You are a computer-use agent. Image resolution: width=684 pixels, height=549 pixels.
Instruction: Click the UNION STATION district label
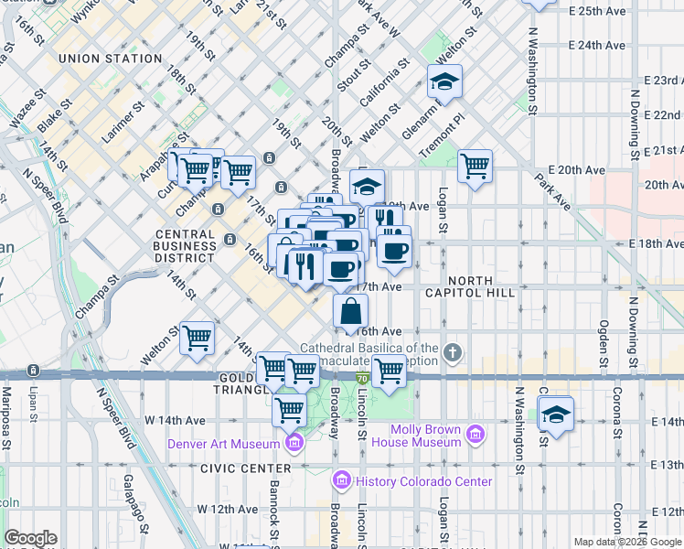110,59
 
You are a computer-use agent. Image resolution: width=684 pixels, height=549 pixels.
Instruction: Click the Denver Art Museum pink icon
294,445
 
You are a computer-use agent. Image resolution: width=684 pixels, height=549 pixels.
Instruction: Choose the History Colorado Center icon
342,480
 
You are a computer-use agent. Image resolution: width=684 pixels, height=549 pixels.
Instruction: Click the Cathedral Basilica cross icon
452,352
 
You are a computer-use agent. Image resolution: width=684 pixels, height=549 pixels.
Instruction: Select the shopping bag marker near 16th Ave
350,310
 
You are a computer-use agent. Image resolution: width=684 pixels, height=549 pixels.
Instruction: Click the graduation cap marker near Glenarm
444,82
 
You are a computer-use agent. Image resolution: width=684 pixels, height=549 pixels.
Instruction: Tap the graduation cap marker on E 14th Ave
556,414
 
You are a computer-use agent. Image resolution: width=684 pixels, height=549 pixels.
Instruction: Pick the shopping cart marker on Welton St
197,338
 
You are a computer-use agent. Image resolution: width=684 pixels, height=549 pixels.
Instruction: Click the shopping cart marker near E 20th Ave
475,166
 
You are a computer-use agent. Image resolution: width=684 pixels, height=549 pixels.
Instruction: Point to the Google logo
29,538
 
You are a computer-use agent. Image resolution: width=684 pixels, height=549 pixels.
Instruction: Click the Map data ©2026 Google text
627,542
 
